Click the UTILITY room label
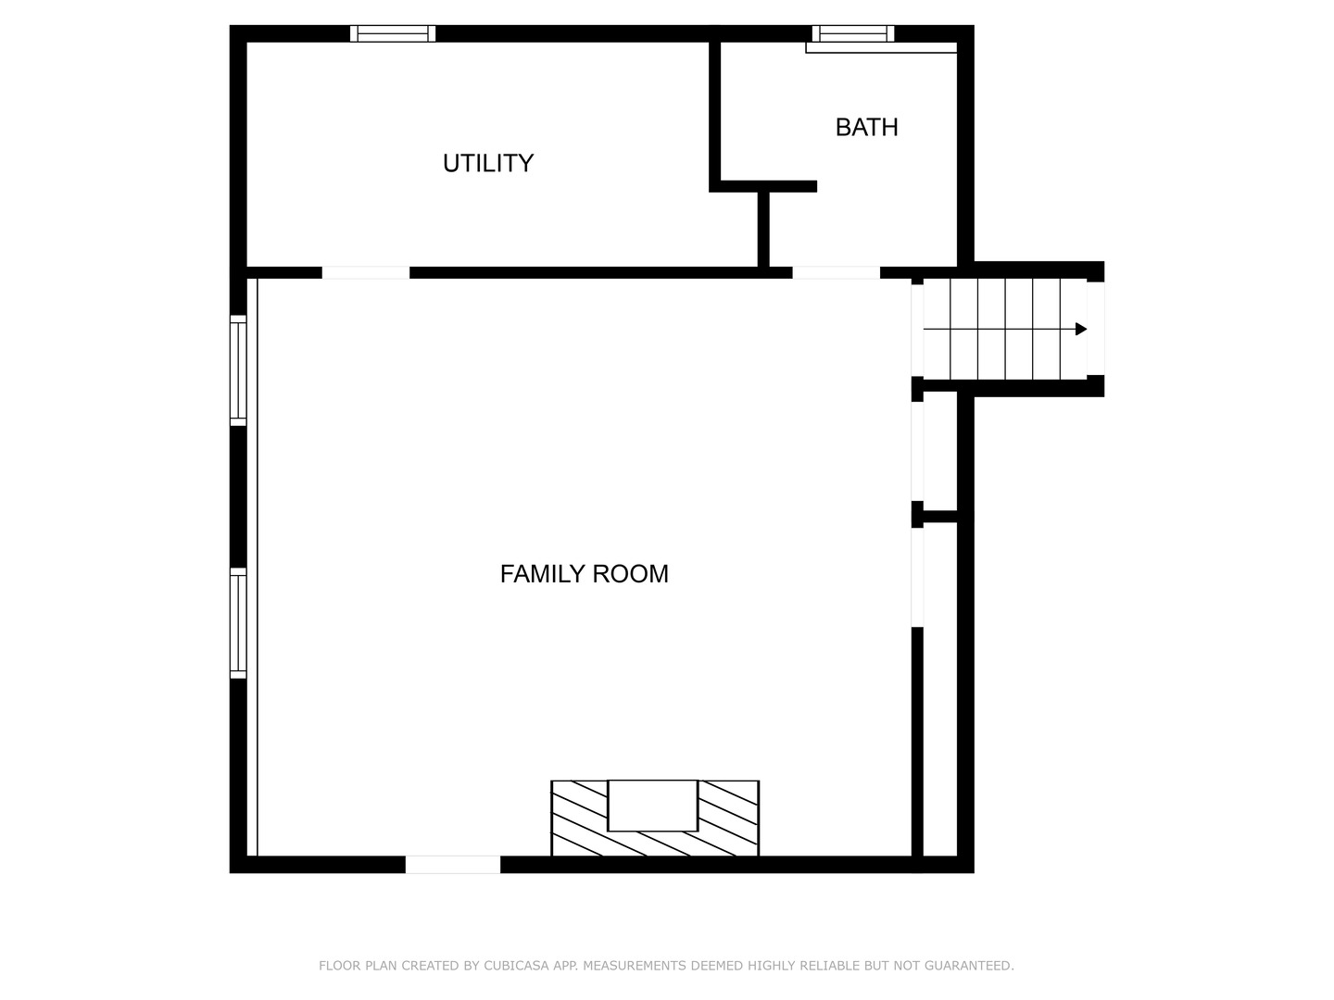tap(488, 163)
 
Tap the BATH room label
tap(866, 127)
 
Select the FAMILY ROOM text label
tap(584, 574)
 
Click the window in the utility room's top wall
tap(393, 33)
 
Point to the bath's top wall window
tap(853, 33)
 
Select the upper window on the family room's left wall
tap(238, 370)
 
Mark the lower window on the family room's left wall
tap(238, 623)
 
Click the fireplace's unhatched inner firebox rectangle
tap(652, 806)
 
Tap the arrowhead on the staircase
tap(1080, 329)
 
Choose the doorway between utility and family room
tap(366, 272)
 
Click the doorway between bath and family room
tap(836, 272)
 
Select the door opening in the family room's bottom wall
tap(453, 864)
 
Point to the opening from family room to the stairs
tap(917, 329)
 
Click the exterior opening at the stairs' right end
tap(1095, 329)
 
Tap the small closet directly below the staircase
tap(940, 451)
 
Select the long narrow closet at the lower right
tap(940, 690)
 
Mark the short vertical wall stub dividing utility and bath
tap(763, 229)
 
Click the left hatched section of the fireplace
tap(579, 819)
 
